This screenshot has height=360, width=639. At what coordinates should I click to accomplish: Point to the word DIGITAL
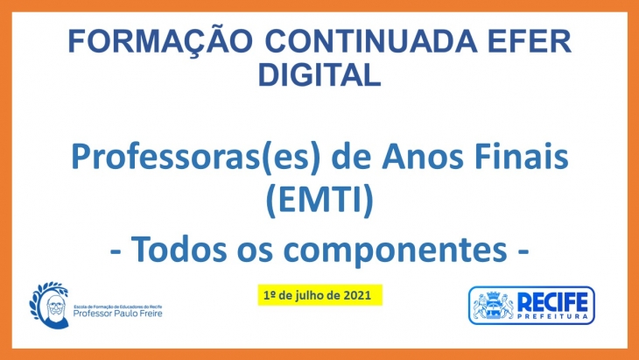(319, 74)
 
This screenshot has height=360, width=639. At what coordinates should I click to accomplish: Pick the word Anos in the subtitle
(422, 158)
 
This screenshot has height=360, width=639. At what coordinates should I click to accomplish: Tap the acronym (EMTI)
(319, 201)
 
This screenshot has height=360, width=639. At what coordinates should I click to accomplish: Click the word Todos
(179, 249)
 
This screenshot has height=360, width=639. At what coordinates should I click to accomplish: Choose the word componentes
(396, 251)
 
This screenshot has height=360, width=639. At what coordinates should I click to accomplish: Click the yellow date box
(319, 295)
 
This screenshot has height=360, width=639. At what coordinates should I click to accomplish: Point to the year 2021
(357, 295)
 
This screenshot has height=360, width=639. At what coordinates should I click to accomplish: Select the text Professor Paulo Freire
(118, 313)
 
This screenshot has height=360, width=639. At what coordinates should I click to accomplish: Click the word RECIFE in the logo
(552, 302)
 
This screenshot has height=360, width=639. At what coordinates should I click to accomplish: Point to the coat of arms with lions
(493, 306)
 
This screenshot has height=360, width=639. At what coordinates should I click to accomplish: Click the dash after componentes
(523, 251)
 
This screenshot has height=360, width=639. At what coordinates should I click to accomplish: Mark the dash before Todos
(116, 251)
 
